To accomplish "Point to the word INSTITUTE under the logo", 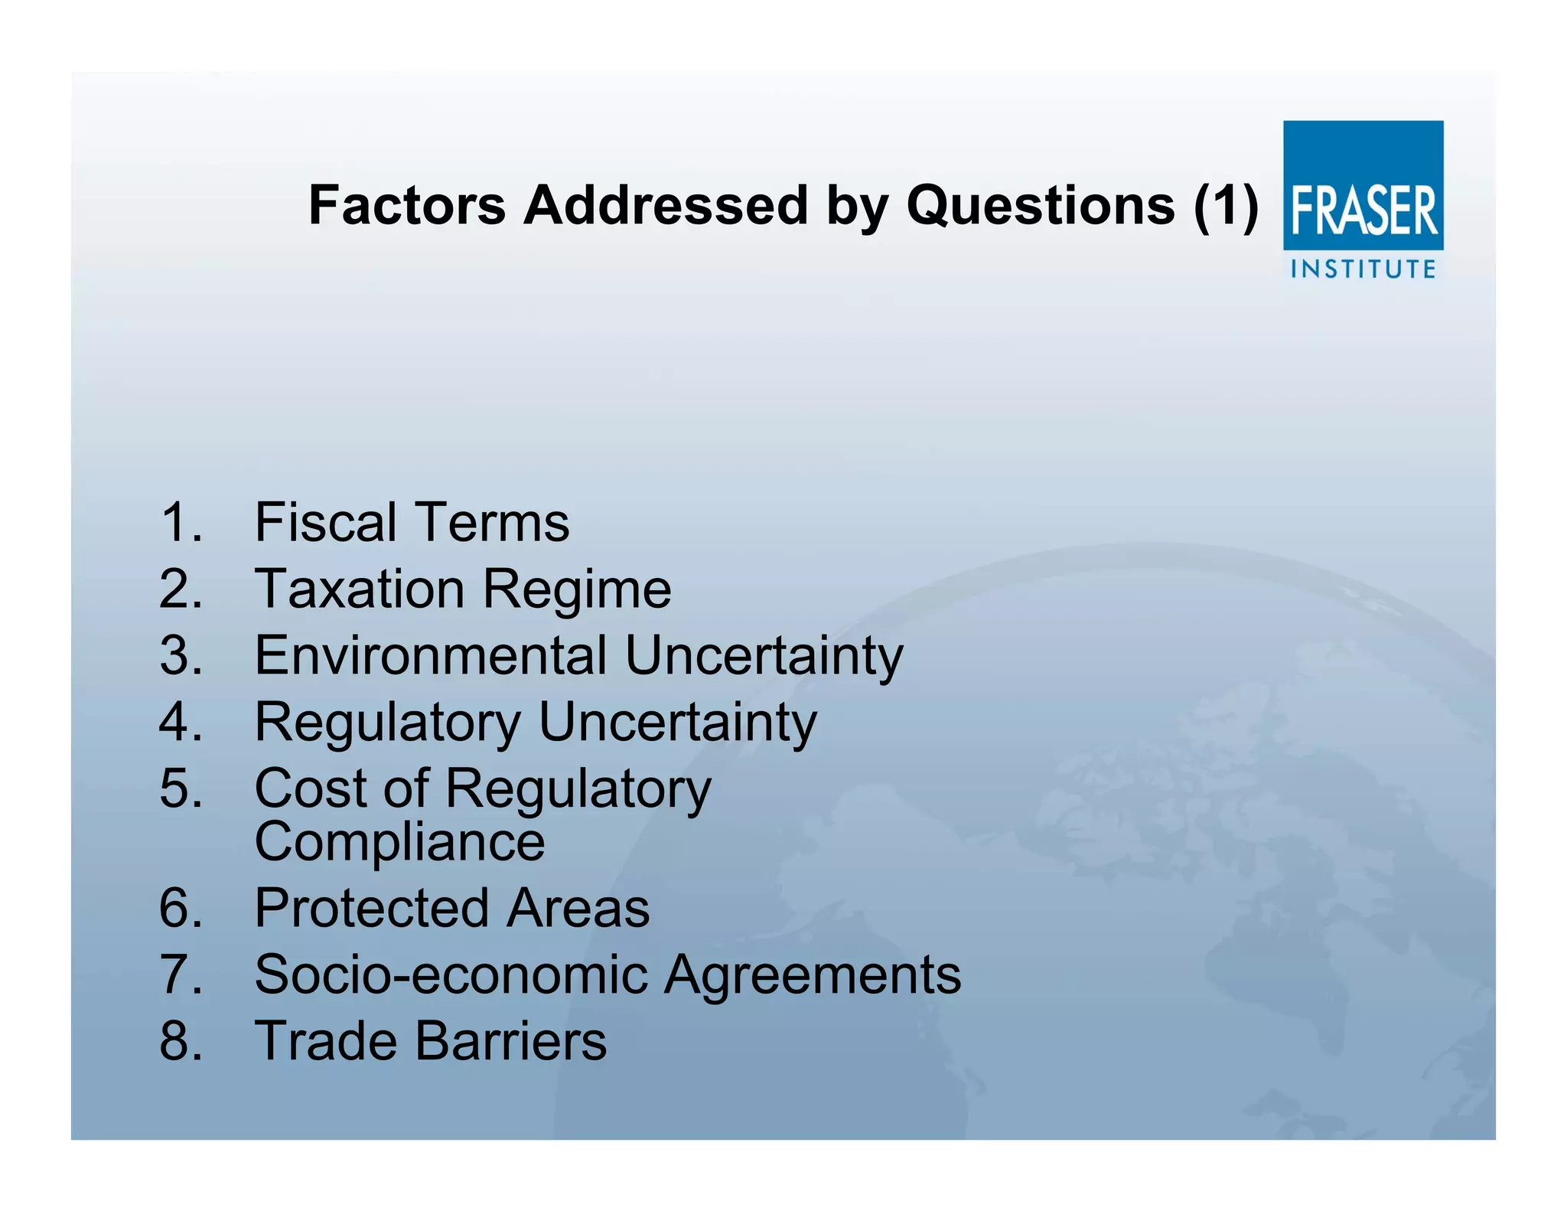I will [x=1363, y=269].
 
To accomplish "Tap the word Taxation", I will [x=360, y=589].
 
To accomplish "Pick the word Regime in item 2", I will [x=577, y=590].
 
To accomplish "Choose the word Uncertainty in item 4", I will [x=678, y=723].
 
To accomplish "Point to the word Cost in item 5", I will [x=311, y=788].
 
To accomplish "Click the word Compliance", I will [x=399, y=842].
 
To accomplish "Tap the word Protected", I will [x=371, y=908].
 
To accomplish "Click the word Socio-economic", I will [x=451, y=974].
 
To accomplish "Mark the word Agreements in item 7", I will [x=813, y=975].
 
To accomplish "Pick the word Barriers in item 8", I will [x=511, y=1041].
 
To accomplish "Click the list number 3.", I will [x=181, y=655].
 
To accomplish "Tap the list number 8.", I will [x=181, y=1041].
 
